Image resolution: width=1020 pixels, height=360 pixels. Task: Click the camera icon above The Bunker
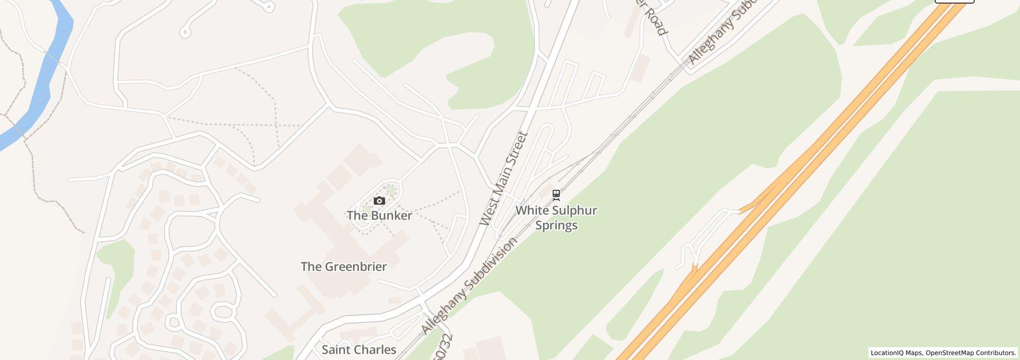[379, 201]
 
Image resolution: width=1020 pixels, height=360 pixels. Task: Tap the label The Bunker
[379, 215]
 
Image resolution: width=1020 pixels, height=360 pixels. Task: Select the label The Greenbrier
[343, 266]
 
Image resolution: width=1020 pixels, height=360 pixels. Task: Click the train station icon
[556, 195]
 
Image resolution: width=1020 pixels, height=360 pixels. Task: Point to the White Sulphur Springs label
[556, 218]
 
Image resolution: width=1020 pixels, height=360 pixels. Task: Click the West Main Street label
[503, 179]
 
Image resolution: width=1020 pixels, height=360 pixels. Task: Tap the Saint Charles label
[359, 350]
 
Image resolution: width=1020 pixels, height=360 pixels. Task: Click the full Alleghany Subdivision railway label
[469, 286]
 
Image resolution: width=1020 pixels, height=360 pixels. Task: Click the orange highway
[802, 170]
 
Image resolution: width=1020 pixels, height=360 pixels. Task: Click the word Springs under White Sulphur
[556, 225]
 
